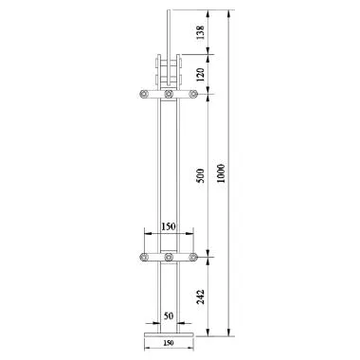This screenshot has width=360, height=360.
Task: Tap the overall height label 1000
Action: (222, 171)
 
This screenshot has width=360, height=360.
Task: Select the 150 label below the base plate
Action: (168, 345)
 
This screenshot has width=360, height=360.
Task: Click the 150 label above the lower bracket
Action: (168, 227)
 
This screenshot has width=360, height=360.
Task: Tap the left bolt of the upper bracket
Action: (143, 95)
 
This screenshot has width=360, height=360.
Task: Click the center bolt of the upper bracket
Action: (168, 95)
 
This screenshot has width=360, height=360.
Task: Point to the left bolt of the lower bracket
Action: (143, 258)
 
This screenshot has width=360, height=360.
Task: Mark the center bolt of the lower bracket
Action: (168, 258)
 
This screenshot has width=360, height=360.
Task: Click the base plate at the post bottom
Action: (168, 333)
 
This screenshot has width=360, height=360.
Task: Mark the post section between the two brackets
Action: (168, 175)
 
